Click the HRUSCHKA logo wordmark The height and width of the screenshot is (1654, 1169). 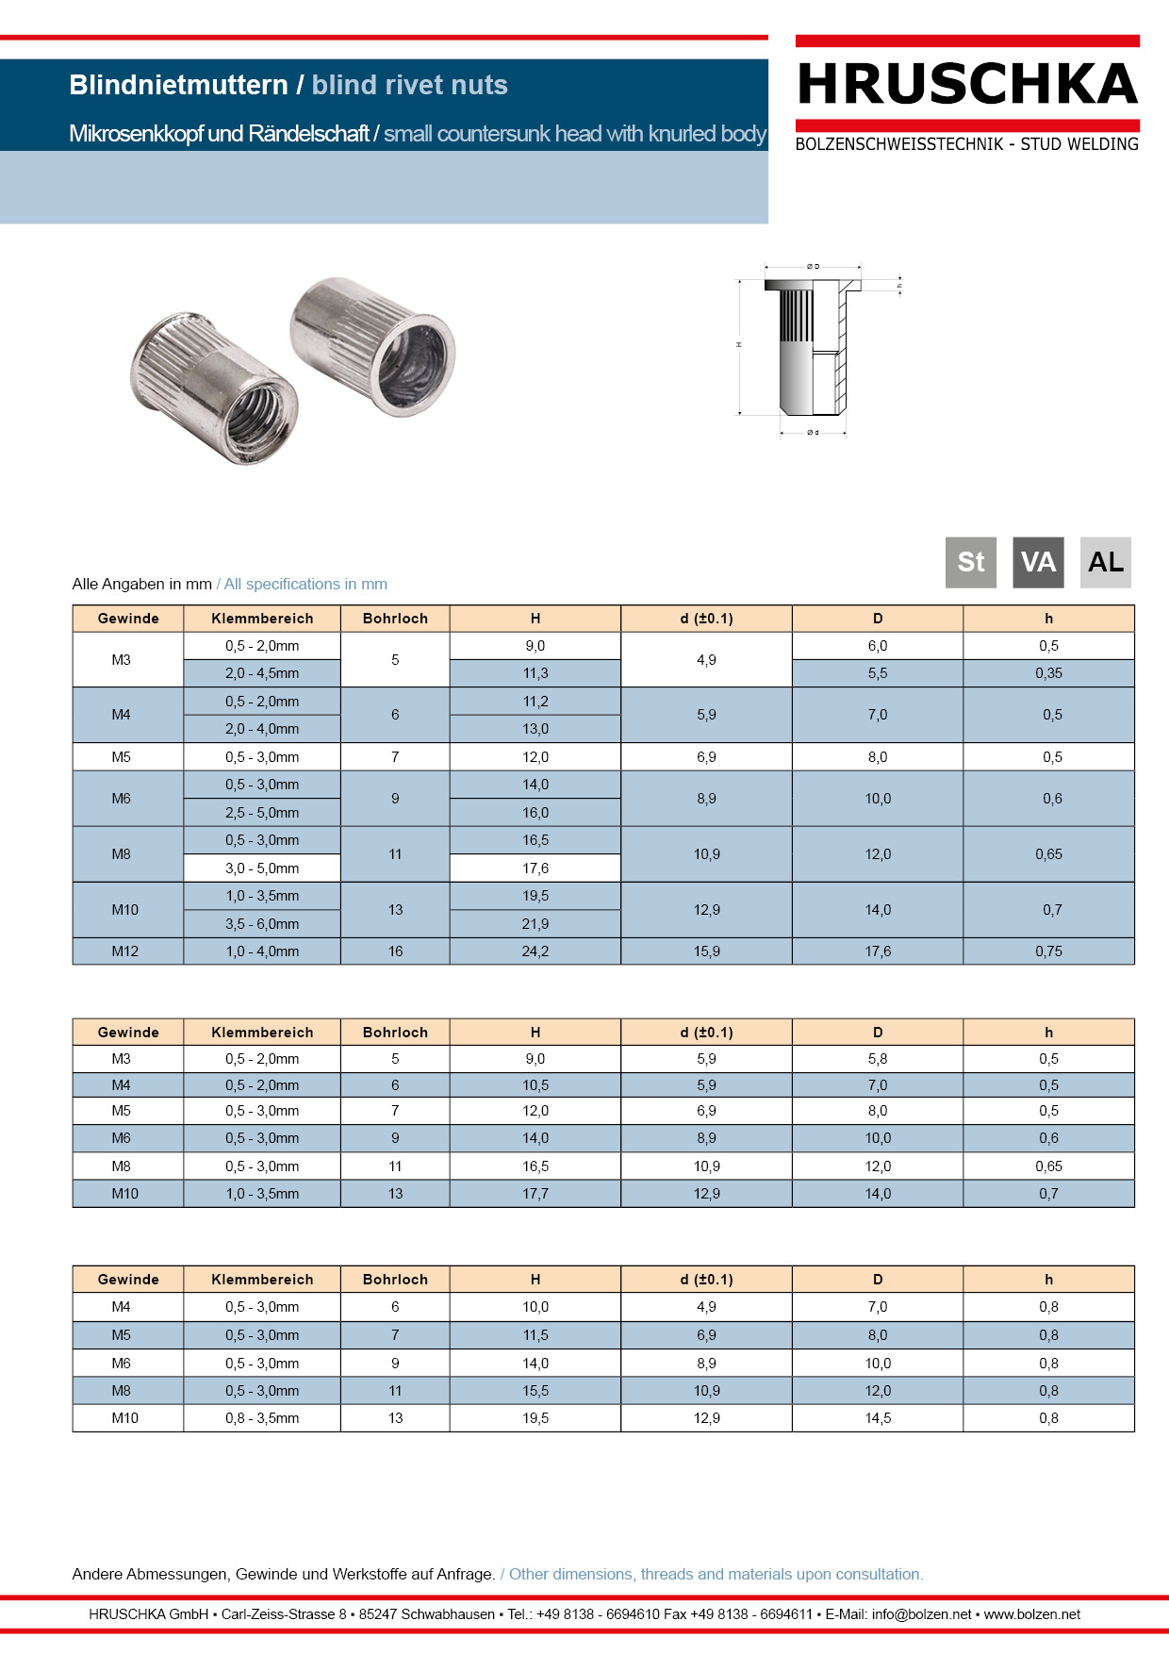click(x=967, y=85)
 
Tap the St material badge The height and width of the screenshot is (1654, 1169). click(x=970, y=562)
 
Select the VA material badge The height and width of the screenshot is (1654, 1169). click(x=1038, y=562)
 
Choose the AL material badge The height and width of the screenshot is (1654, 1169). click(x=1105, y=562)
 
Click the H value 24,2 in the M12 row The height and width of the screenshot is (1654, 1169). click(x=535, y=951)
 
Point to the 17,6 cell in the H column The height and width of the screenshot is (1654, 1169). click(x=535, y=868)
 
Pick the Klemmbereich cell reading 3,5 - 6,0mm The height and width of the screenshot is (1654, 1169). click(x=262, y=924)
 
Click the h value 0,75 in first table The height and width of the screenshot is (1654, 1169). click(x=1048, y=951)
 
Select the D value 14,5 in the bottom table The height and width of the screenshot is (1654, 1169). click(x=877, y=1418)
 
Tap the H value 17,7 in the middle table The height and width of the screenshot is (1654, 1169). click(x=535, y=1194)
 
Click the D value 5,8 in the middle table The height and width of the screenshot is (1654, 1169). click(x=877, y=1059)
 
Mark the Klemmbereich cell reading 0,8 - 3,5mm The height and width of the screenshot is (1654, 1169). click(x=262, y=1418)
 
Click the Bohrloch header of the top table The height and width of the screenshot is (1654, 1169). click(x=395, y=619)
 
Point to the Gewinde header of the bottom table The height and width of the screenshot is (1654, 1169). click(x=128, y=1280)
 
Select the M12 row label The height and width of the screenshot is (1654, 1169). click(x=125, y=951)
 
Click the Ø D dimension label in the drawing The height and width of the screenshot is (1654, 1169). click(x=813, y=267)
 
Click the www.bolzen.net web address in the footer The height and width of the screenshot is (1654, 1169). click(x=1031, y=1614)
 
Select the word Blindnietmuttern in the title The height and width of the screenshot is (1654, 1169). click(x=178, y=85)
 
